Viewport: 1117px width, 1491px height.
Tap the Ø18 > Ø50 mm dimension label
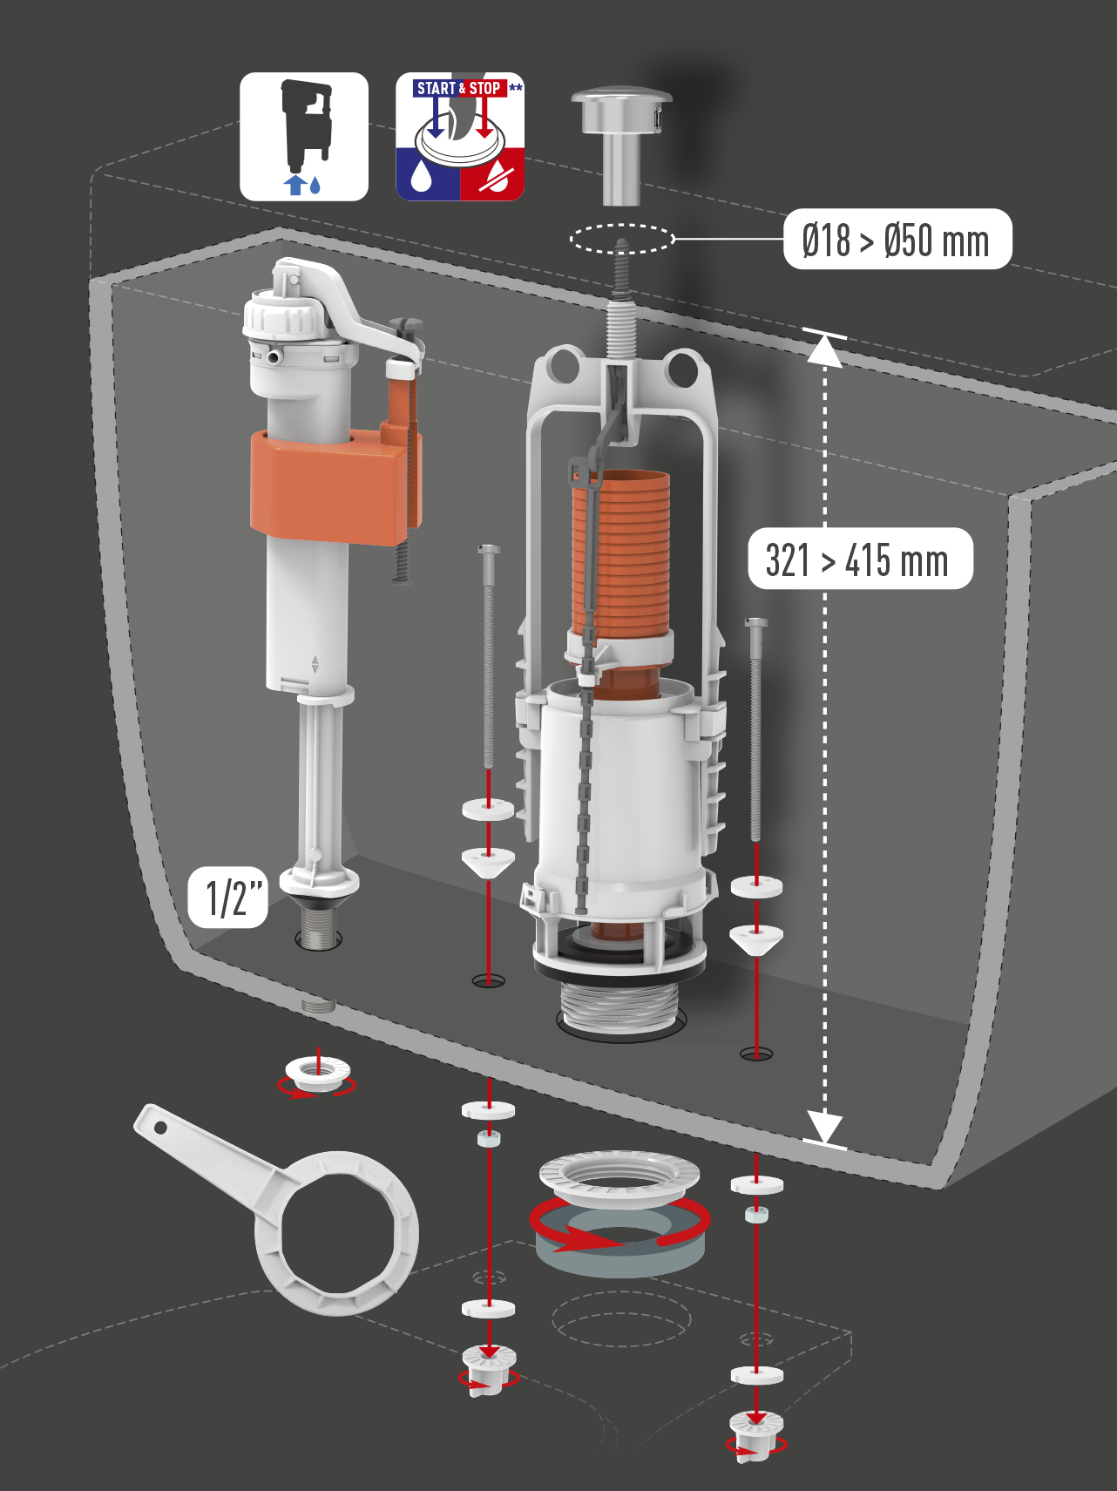(897, 240)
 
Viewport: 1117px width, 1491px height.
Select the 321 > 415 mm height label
(859, 559)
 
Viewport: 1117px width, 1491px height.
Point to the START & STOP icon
(460, 137)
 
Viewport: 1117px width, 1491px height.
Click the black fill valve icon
(304, 137)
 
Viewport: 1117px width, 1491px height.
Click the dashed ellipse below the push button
(622, 238)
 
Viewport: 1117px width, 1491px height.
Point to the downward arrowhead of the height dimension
(823, 1125)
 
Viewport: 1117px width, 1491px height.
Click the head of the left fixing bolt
(489, 550)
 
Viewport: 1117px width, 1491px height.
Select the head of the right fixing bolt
(755, 623)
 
